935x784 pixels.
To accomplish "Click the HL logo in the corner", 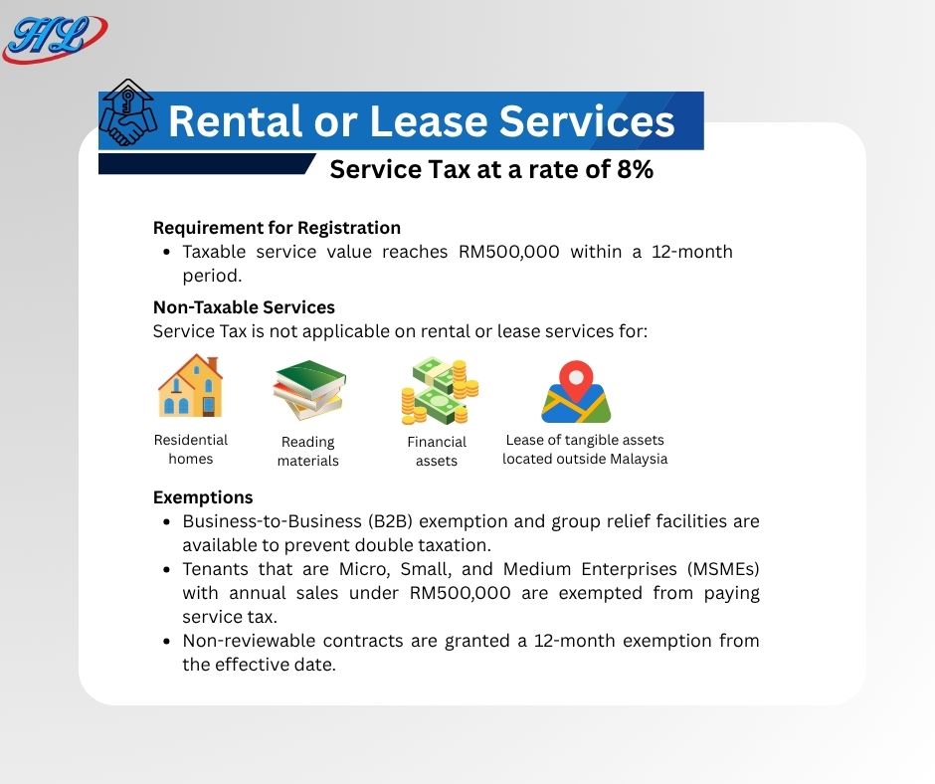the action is point(55,38).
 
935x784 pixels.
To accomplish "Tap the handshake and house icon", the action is point(127,112).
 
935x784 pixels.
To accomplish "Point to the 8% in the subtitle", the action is point(635,169).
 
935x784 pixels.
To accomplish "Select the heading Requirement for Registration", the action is point(277,228).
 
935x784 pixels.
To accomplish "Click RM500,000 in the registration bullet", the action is point(508,252).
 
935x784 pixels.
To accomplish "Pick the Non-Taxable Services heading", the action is point(244,307).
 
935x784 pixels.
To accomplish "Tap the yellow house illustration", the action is point(190,385).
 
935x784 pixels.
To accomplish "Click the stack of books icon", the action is point(310,390).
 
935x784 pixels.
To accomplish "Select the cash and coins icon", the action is point(440,390).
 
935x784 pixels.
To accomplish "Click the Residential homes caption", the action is point(191,450).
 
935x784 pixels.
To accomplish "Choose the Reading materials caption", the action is point(307,451).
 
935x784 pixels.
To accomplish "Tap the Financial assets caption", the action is point(437,451).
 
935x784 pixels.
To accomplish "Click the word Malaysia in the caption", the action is point(638,459).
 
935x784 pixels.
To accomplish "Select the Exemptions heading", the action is point(203,497).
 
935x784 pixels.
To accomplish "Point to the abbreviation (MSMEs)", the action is point(723,569).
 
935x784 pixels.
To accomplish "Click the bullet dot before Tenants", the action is point(167,570).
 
